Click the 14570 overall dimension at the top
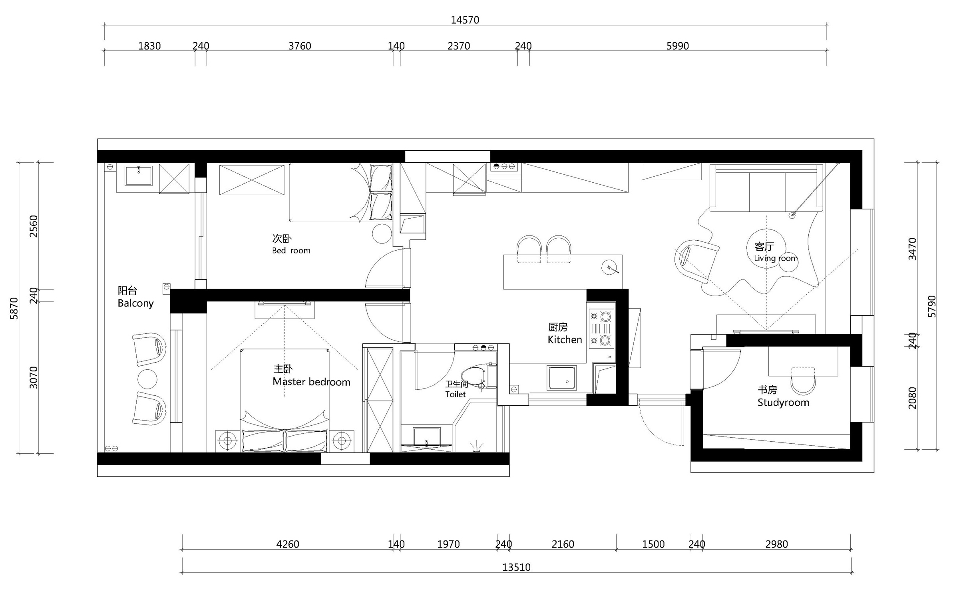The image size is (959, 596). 465,20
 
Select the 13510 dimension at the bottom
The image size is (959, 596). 516,567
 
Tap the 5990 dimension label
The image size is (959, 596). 678,46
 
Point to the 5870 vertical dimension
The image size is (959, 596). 14,308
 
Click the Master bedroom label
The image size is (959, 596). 311,382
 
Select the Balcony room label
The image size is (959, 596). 135,303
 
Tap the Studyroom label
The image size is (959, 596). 783,403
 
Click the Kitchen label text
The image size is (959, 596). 565,340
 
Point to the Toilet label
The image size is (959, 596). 456,394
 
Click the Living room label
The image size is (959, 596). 776,258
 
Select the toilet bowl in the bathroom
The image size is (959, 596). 478,376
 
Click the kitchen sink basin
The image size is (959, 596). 562,377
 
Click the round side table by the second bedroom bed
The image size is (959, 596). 382,233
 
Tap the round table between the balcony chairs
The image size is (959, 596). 147,379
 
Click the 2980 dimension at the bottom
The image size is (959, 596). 776,544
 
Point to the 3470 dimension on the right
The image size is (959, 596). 912,249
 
